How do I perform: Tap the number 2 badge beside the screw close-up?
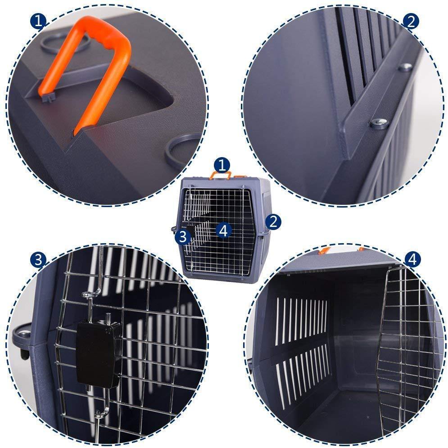pos(411,22)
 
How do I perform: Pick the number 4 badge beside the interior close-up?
pos(412,260)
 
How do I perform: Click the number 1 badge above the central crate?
pos(222,165)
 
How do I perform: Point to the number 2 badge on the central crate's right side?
pos(273,222)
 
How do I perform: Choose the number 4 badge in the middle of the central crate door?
pos(224,230)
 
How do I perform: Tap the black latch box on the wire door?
pos(97,354)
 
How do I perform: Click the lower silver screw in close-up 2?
pos(380,123)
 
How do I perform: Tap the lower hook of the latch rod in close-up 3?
pos(102,412)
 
